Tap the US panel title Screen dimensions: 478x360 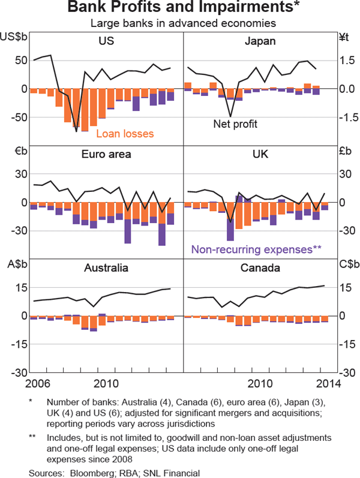click(107, 41)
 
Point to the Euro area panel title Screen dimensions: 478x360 click(106, 155)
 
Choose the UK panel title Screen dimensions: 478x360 click(260, 155)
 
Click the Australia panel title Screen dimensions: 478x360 click(106, 268)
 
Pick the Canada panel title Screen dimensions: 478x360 click(260, 268)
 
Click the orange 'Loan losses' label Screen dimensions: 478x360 click(125, 134)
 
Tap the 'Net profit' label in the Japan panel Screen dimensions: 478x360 click(235, 124)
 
